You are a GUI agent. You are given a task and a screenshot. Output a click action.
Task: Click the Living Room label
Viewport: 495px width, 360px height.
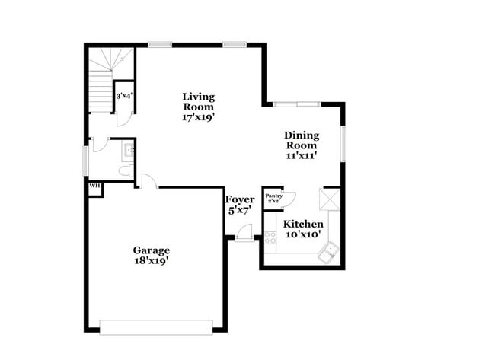click(198, 107)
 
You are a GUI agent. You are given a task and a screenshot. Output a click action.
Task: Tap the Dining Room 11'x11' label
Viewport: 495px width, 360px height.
click(302, 145)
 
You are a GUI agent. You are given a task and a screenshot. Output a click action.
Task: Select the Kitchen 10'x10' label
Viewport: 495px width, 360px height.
click(303, 230)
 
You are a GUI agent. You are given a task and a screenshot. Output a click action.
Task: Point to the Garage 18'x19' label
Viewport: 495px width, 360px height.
click(151, 255)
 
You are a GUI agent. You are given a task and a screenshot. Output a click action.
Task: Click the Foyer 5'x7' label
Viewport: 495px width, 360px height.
click(240, 205)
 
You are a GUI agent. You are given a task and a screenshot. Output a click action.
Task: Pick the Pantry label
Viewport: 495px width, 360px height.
click(273, 198)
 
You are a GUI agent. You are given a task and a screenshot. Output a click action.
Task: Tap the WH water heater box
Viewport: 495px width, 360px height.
click(94, 186)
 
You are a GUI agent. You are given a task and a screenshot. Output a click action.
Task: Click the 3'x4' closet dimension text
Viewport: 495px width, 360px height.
click(123, 97)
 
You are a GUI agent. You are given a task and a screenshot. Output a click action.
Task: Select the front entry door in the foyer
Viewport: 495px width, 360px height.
click(244, 235)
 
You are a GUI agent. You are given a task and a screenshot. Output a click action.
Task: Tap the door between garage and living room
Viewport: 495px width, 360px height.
click(148, 182)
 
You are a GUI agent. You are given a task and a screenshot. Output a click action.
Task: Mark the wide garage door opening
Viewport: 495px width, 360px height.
click(156, 327)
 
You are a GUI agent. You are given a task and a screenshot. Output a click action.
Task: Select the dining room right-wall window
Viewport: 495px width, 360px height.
click(343, 143)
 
